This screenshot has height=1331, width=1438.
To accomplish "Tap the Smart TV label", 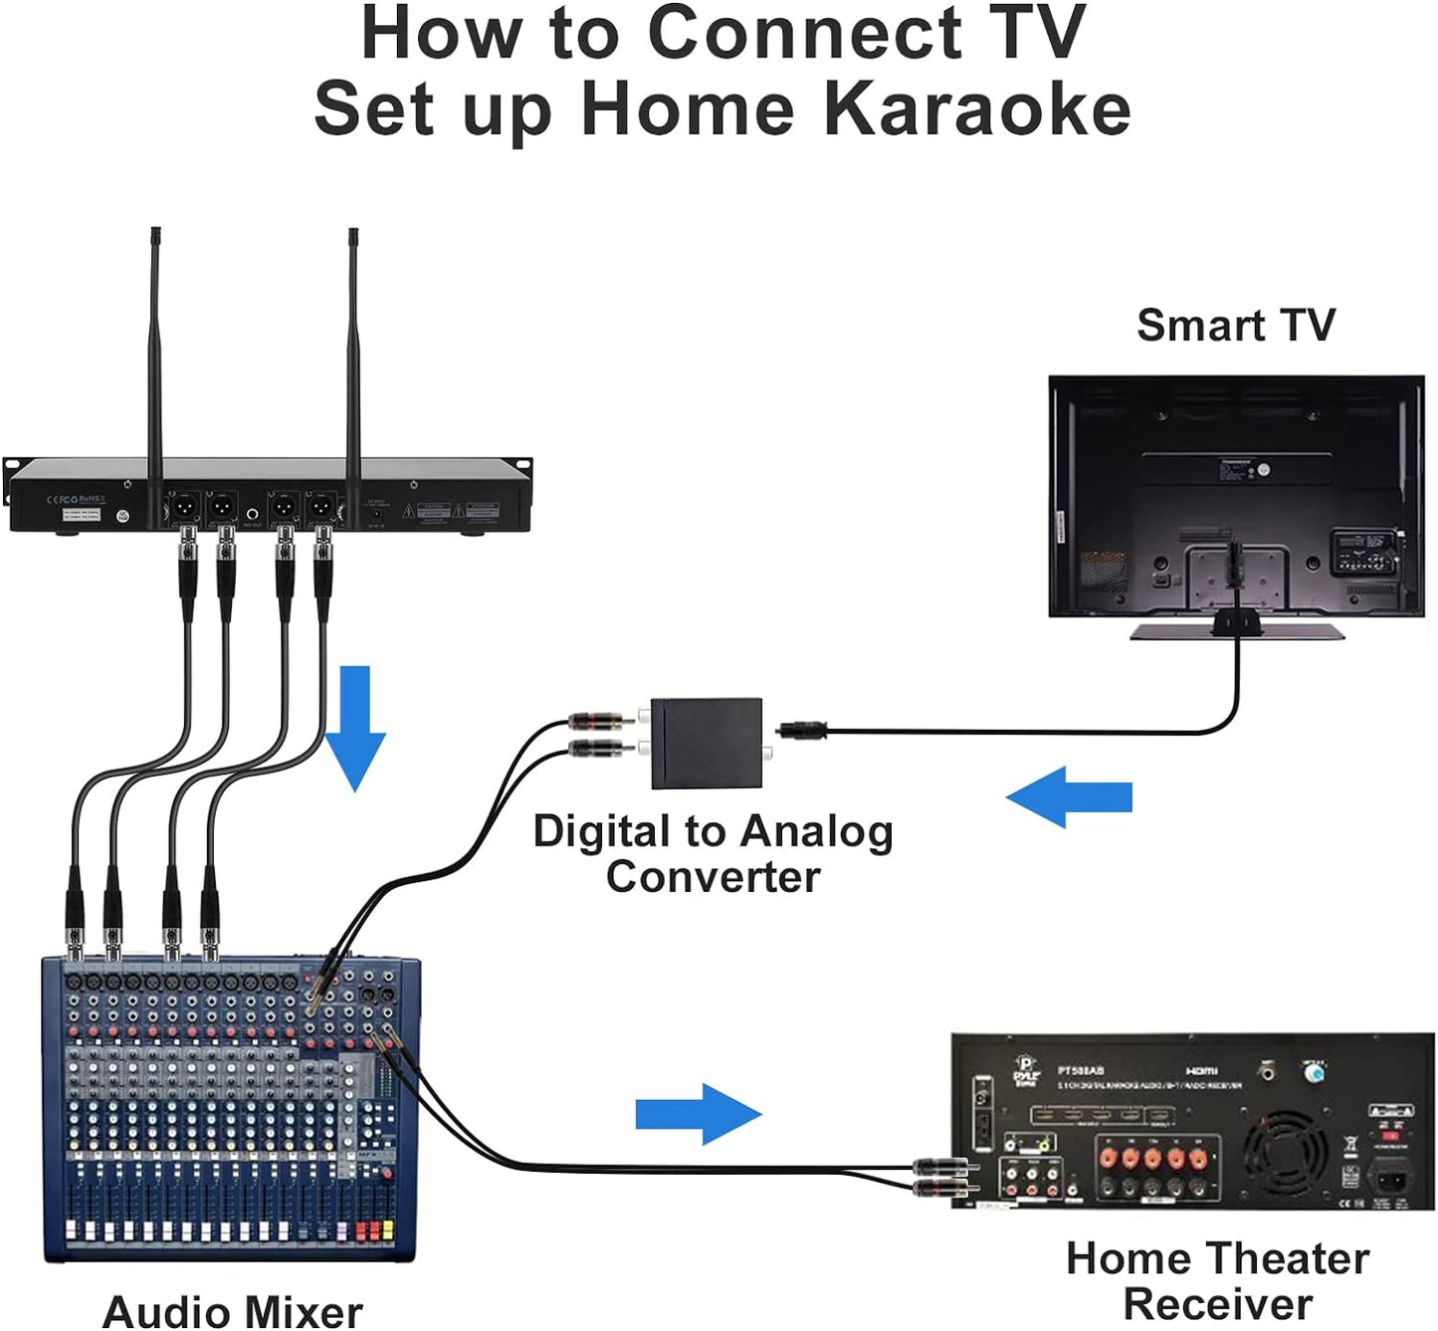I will tap(1235, 326).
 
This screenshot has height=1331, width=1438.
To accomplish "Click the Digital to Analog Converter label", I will tap(713, 854).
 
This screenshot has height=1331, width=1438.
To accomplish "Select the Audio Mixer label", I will tap(232, 1310).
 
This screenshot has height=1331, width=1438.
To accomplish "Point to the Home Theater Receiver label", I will tap(1217, 1280).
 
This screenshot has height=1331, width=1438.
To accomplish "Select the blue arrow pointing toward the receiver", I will tap(699, 1113).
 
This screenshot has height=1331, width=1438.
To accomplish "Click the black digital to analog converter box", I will tap(707, 744).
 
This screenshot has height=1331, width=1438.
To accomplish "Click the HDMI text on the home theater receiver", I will tap(1201, 1070).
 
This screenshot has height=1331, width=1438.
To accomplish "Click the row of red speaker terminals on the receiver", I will tap(1152, 1158).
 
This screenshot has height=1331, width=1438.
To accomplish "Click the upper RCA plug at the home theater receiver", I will tap(941, 1165).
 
